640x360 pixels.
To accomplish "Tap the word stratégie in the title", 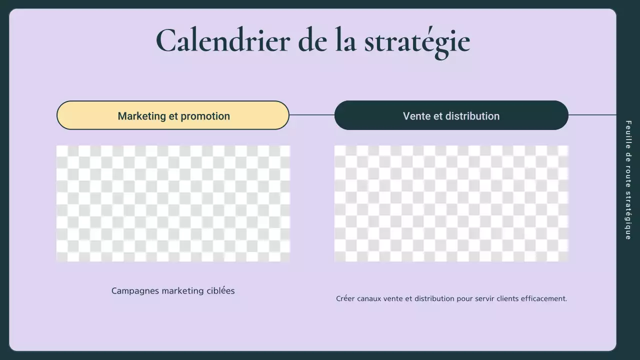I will tap(417, 41).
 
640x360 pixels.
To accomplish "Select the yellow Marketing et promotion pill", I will tap(173, 115).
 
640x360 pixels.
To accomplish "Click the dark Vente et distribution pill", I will tap(451, 115).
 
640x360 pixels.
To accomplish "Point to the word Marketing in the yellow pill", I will tap(141, 116).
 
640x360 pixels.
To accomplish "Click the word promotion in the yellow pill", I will tap(205, 116).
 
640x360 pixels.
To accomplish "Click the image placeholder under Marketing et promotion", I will tap(173, 203).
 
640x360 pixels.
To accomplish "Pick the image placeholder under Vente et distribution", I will tap(451, 203).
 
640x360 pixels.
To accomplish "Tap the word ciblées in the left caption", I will tap(220, 290).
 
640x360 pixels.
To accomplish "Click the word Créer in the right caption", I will tap(345, 298).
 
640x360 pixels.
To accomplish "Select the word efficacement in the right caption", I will tap(544, 298).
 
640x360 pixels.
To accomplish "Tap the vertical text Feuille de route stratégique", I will tap(628, 180).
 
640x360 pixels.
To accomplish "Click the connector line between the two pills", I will tap(311, 115).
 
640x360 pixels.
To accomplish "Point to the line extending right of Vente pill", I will tap(592, 115).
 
